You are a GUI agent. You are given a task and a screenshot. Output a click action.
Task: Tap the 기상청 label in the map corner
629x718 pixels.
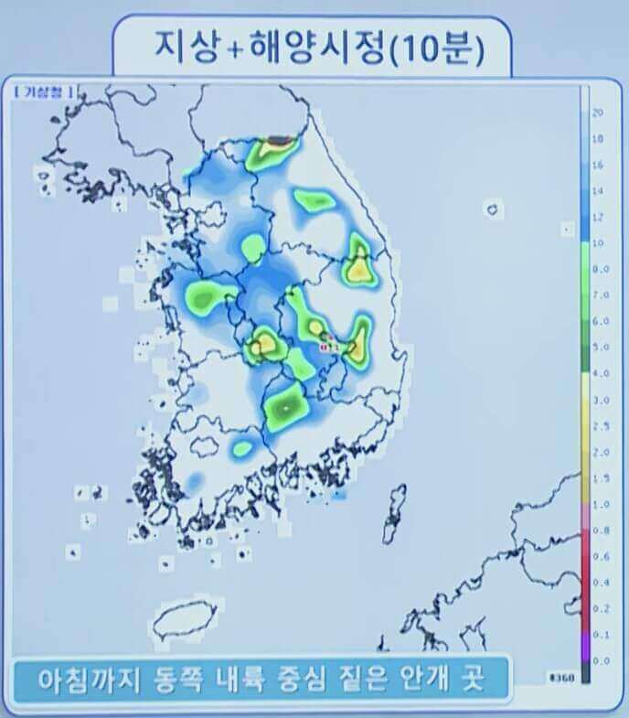44,91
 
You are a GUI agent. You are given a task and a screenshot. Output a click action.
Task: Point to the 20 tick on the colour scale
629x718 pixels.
597,112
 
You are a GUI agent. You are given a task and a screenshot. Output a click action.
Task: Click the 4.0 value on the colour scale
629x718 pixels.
600,373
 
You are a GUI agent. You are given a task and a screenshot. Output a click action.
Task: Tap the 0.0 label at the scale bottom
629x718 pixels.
600,659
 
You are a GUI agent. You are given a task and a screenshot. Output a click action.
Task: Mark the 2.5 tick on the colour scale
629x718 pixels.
600,425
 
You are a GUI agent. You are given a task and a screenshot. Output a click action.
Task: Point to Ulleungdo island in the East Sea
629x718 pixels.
494,209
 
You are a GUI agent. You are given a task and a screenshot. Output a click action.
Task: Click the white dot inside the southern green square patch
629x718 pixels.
287,403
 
